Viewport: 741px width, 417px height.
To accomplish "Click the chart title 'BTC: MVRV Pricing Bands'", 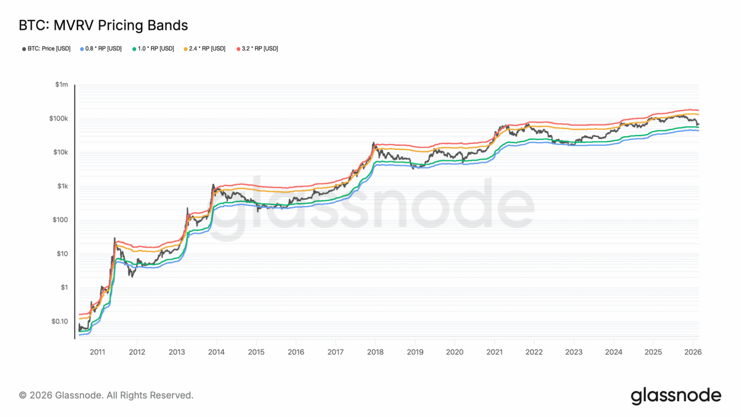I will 103,25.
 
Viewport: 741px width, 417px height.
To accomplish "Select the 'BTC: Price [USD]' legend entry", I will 47,49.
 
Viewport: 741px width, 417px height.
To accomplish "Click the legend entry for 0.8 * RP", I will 101,49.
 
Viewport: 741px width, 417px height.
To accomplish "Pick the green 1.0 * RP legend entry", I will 154,49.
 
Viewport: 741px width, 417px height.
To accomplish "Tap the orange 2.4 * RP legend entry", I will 205,49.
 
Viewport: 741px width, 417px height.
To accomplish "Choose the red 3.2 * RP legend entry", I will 258,49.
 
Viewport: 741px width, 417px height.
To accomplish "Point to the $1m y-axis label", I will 61,85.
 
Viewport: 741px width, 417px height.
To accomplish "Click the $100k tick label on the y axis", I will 58,119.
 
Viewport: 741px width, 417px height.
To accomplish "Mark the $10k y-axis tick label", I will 60,152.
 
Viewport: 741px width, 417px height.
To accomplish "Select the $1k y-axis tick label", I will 63,186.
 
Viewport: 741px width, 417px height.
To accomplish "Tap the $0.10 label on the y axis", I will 59,321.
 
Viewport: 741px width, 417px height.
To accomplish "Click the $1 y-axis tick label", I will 64,287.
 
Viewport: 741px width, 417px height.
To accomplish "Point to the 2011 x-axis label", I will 97,352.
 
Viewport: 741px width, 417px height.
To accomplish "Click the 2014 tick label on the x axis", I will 216,352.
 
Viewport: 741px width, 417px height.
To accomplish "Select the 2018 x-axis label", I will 375,352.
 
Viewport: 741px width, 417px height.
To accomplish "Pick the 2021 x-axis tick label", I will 494,352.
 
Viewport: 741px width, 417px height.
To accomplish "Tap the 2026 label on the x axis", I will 693,352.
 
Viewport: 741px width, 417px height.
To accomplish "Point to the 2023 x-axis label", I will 574,352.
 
